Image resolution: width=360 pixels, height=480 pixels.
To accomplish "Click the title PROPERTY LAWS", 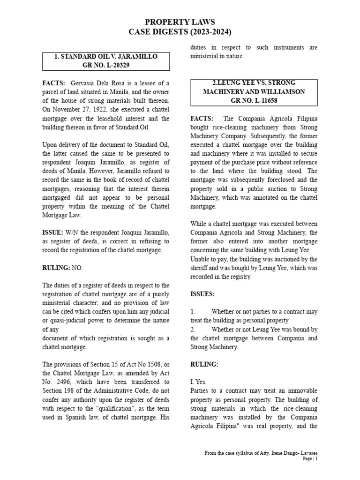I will (x=180, y=22).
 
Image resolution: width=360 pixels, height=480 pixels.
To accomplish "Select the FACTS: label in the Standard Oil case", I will (x=54, y=83).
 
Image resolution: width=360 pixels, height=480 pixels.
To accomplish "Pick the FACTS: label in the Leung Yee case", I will (x=202, y=119).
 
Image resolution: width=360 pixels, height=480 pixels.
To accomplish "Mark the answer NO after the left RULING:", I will (x=77, y=268).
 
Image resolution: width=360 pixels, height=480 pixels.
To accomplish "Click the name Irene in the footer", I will (x=274, y=453).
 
